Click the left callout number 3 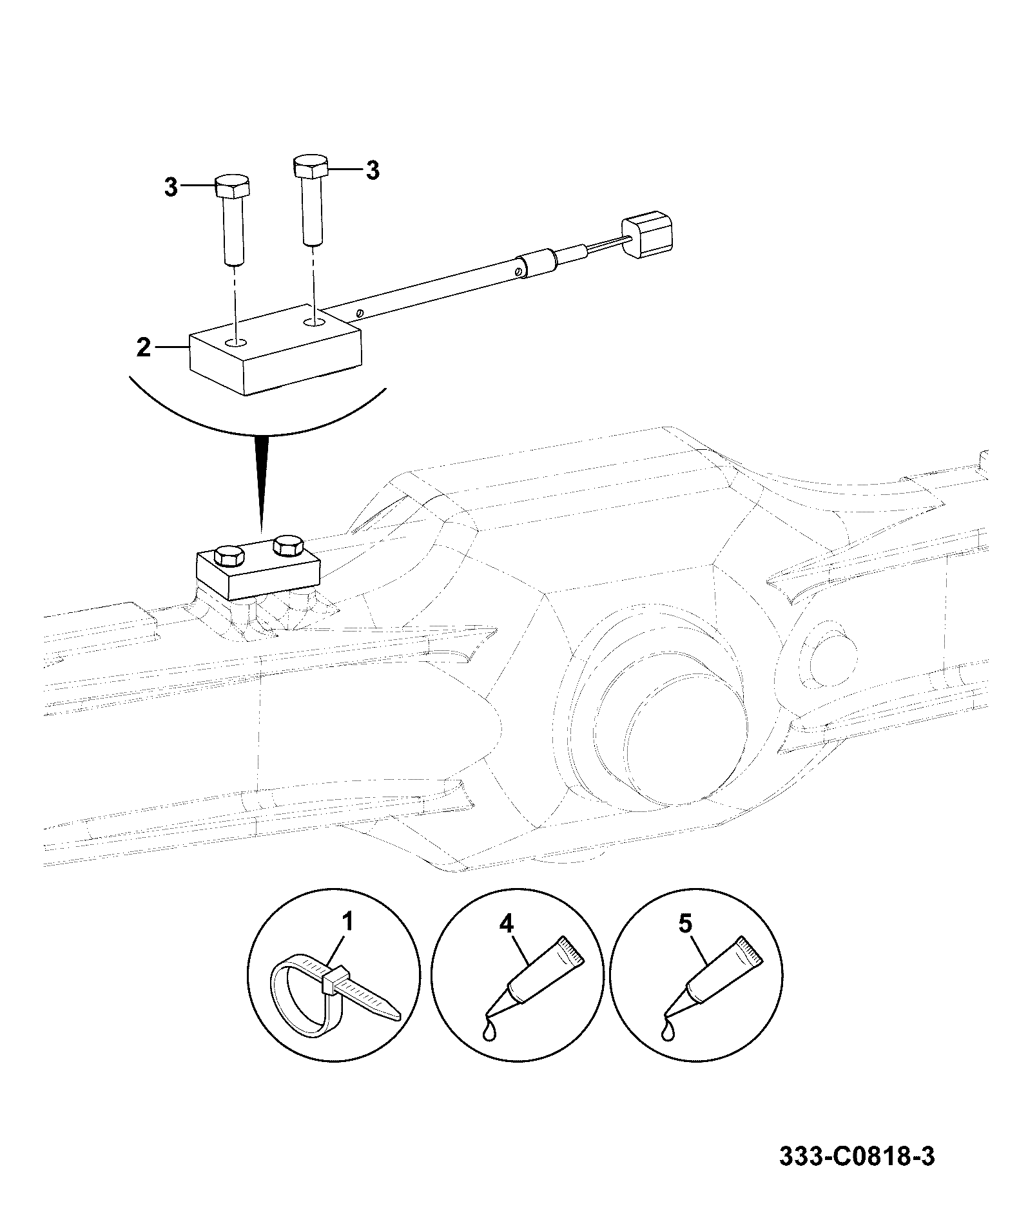(170, 188)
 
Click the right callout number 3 (373, 171)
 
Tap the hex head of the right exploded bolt (311, 166)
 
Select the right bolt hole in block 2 (315, 320)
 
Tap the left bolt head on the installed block (229, 555)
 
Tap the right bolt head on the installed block (288, 545)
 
